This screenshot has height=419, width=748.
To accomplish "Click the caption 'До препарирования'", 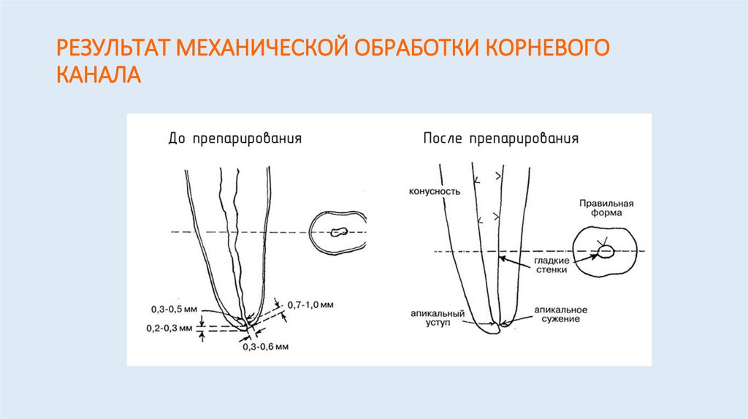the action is [x=234, y=139].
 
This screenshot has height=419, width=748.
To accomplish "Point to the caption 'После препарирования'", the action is [x=501, y=139].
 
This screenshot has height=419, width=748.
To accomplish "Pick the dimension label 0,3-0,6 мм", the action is [x=266, y=345].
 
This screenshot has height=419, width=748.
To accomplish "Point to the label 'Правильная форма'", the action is [x=606, y=209].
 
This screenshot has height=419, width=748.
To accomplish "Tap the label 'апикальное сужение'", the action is [x=560, y=315].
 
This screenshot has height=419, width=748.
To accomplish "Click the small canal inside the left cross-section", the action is [x=338, y=233].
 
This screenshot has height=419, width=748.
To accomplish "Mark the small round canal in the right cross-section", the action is [x=606, y=252].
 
